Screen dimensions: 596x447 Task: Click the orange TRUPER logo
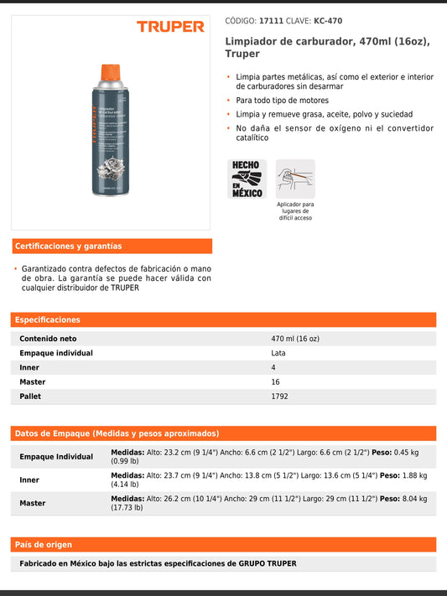(170, 27)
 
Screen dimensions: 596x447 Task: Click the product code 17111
(271, 21)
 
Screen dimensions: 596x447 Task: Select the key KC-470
(327, 21)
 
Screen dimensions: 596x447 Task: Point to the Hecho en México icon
(248, 179)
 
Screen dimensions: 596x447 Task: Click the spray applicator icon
(295, 179)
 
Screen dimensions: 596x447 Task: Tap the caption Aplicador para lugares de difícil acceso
(295, 210)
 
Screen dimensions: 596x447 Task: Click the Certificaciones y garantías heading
(68, 246)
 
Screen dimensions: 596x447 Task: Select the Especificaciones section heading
(48, 319)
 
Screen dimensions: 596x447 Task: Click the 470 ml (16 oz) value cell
(295, 339)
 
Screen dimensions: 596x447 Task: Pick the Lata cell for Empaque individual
(279, 353)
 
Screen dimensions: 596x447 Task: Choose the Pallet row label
(30, 396)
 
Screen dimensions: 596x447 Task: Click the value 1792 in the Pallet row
(279, 396)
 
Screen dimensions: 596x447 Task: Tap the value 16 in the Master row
(275, 381)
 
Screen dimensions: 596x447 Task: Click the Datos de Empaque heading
(117, 433)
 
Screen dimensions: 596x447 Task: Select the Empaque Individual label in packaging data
(56, 457)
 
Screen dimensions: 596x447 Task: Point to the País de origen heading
(44, 544)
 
